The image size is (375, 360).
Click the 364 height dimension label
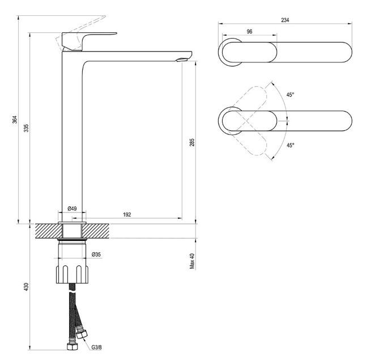[x=15, y=120]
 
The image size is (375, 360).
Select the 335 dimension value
[x=27, y=128]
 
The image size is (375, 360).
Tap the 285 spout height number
[x=192, y=142]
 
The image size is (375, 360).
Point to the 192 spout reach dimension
[x=127, y=214]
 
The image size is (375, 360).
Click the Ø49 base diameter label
[x=73, y=209]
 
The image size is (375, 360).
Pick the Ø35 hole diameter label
[x=96, y=255]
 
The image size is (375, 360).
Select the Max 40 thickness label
[x=192, y=261]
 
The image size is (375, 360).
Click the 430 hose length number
[x=27, y=287]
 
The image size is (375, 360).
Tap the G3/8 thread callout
[x=97, y=347]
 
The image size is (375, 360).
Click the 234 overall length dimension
[x=285, y=20]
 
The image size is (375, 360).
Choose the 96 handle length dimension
[x=249, y=32]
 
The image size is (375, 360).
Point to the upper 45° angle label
[x=291, y=95]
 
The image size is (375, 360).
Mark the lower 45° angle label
[x=291, y=145]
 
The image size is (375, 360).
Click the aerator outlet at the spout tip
[x=182, y=60]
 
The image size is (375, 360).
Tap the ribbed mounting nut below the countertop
[x=73, y=274]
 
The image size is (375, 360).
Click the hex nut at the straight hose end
[x=72, y=347]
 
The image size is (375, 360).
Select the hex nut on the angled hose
[x=82, y=334]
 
